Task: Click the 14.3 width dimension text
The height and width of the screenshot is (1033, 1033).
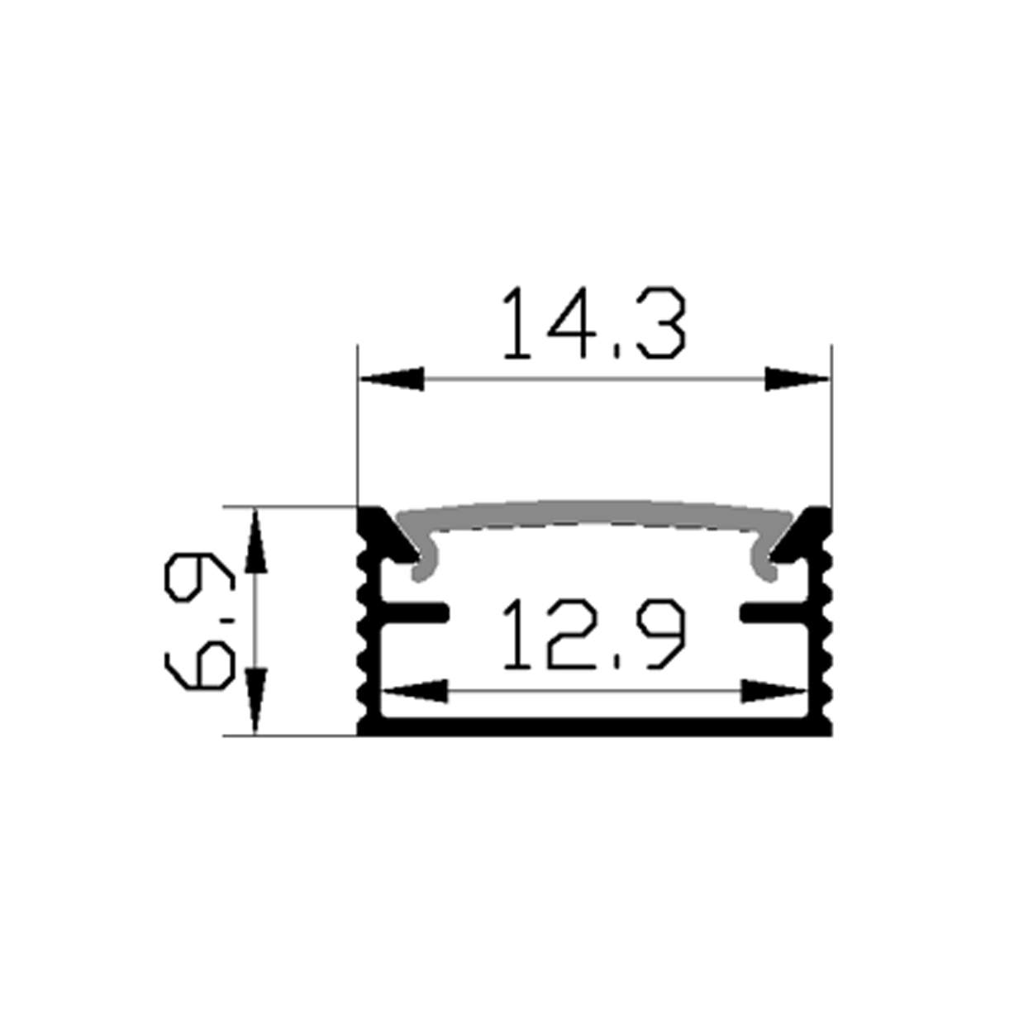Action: (594, 324)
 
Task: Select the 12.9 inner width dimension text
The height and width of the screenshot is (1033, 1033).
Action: (594, 634)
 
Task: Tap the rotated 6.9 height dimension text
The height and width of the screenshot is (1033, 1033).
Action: (198, 621)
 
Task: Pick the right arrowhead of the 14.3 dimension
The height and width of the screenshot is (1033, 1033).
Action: (797, 379)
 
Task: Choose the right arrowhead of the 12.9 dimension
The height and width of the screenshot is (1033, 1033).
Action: (774, 691)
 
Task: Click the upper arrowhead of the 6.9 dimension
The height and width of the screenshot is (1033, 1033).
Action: (256, 540)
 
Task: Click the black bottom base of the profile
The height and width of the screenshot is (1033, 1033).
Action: (594, 726)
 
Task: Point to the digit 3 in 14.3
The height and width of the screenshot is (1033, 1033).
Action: (657, 324)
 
